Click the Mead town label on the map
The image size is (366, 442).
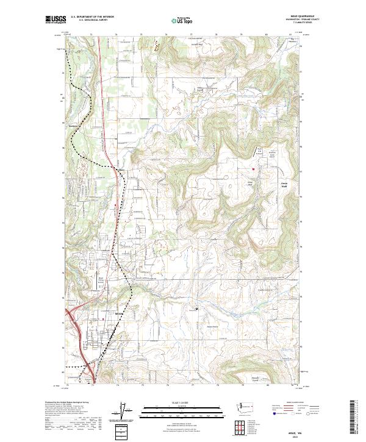point(120,314)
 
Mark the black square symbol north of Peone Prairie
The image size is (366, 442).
point(196,310)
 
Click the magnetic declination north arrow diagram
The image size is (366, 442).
point(127,412)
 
